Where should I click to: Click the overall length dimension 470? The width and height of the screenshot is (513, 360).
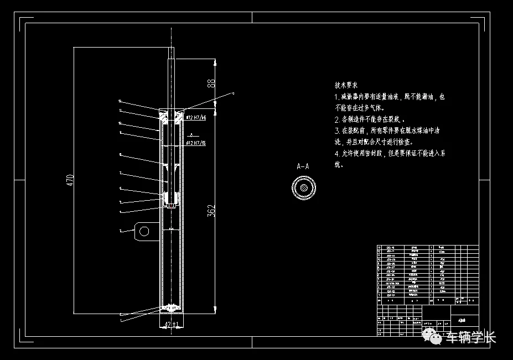tap(70, 180)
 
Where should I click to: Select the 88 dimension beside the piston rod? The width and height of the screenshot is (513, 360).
tap(210, 83)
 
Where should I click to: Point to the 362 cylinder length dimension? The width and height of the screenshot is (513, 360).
tap(211, 211)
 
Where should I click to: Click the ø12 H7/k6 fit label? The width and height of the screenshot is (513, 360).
tap(196, 118)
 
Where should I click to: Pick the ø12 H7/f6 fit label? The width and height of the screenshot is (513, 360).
tap(196, 143)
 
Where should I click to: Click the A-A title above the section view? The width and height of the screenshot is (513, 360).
tap(303, 166)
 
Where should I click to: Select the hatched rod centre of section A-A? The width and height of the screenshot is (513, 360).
tap(303, 187)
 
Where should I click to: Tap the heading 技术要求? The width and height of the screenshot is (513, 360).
tap(346, 86)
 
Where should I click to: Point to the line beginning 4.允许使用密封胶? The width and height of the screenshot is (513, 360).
tap(390, 153)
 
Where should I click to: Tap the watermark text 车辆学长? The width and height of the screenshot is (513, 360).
tap(471, 337)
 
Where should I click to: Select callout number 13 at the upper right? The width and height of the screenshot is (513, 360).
tap(233, 94)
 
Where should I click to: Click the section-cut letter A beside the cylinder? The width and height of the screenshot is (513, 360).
tap(190, 134)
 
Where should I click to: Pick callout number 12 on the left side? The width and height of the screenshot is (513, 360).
tap(120, 101)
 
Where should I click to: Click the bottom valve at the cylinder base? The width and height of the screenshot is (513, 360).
tap(172, 307)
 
